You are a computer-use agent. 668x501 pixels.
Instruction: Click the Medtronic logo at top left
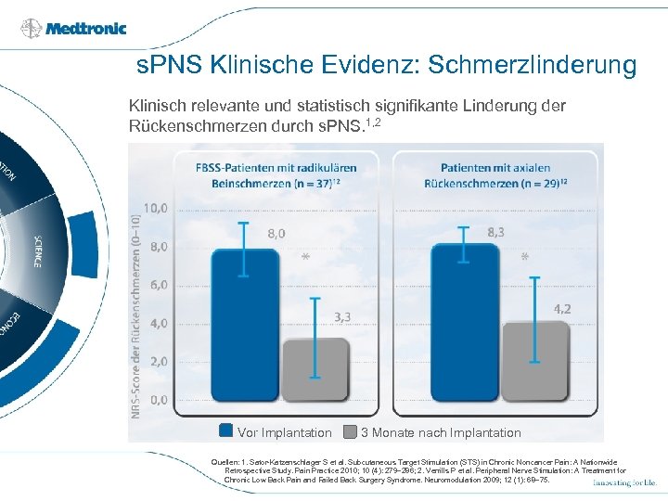point(73,28)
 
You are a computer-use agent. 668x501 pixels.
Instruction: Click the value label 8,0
point(276,234)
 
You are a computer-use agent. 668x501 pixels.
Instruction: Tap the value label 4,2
point(562,309)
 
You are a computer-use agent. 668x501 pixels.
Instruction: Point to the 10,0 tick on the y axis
point(156,208)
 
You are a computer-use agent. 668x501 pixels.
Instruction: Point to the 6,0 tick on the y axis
point(156,285)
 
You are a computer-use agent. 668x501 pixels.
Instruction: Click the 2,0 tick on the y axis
point(156,361)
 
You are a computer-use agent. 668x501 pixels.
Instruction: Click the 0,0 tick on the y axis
point(156,400)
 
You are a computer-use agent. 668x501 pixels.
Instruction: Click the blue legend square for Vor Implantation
point(225,431)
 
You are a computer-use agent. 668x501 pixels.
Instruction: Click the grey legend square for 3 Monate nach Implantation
point(350,431)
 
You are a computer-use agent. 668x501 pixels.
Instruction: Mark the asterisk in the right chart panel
point(525,259)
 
